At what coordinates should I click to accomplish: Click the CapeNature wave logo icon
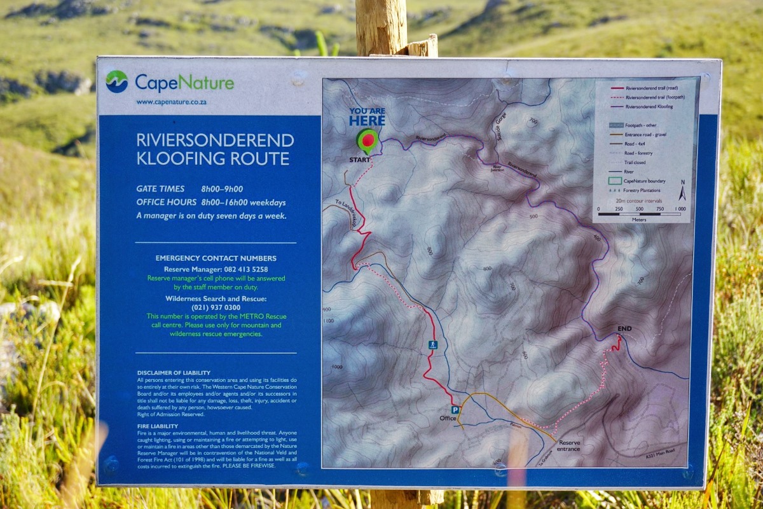pos(117,82)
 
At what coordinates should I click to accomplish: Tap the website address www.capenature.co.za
pos(171,102)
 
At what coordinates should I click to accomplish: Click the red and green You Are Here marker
pos(368,139)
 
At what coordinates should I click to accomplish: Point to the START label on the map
pos(359,160)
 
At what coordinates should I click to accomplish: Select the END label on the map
pos(624,329)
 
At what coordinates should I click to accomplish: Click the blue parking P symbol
pos(455,410)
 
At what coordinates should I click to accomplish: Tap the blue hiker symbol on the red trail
pos(433,345)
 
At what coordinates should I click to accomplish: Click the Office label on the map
pos(448,419)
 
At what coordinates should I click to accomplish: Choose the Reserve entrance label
pos(568,445)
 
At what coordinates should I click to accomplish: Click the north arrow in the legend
pos(682,190)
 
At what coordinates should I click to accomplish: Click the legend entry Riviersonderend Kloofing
pos(649,107)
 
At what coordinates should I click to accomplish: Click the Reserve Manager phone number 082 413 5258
pos(242,269)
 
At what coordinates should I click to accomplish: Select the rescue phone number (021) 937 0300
pos(216,307)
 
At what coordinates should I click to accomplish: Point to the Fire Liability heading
pos(158,426)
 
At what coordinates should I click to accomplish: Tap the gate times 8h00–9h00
pos(222,189)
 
